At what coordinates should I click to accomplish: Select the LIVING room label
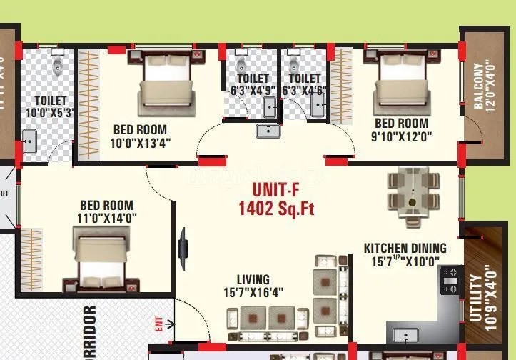pyautogui.click(x=253, y=279)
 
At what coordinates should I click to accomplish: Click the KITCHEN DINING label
pyautogui.click(x=405, y=249)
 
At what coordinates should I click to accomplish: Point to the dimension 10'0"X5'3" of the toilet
pyautogui.click(x=49, y=113)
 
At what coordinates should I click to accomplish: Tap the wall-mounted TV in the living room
pyautogui.click(x=183, y=246)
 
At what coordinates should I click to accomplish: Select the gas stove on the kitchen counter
pyautogui.click(x=451, y=282)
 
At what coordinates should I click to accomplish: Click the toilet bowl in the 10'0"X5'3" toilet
pyautogui.click(x=57, y=67)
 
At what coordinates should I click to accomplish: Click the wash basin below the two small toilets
pyautogui.click(x=268, y=130)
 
